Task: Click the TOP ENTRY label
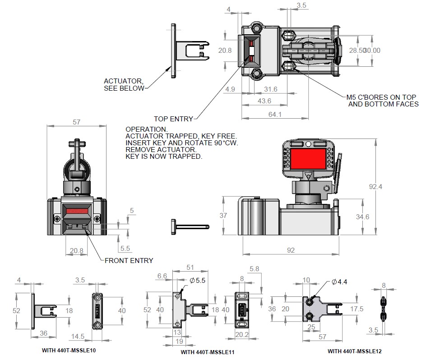[173, 119]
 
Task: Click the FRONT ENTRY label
[129, 260]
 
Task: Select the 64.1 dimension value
[274, 115]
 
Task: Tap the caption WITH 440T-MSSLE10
[69, 350]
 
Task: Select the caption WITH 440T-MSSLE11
[207, 352]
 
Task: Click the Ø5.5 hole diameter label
[198, 280]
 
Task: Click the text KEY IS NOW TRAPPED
[164, 157]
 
